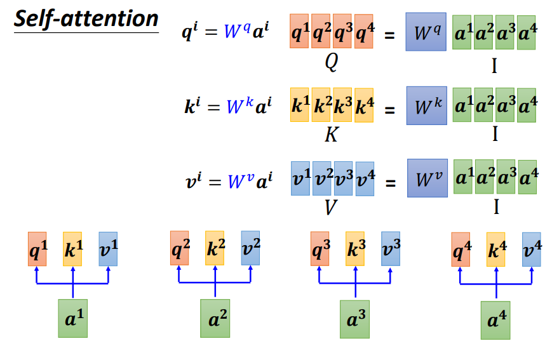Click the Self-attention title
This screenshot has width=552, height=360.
[x=86, y=19]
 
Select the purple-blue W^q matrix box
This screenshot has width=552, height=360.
[x=426, y=32]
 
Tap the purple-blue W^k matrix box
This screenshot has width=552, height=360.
[x=427, y=105]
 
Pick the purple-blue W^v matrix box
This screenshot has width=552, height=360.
[x=427, y=178]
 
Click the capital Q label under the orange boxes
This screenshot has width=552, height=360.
[x=332, y=62]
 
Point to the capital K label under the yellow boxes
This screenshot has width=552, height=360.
[x=332, y=135]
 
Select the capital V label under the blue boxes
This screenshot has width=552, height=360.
[x=330, y=207]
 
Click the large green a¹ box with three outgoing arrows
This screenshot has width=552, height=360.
[x=73, y=319]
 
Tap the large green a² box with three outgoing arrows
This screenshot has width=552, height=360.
[x=215, y=319]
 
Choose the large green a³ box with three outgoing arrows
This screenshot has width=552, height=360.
[x=355, y=319]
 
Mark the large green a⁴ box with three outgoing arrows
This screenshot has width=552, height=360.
[x=495, y=320]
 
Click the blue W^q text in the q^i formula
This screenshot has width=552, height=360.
[x=238, y=31]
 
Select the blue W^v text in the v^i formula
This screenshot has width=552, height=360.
[x=241, y=181]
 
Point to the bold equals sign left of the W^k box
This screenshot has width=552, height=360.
[x=389, y=110]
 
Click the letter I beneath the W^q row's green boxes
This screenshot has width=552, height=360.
[x=494, y=66]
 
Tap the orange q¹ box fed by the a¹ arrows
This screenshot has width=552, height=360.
[x=37, y=249]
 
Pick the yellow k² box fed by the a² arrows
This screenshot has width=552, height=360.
[x=215, y=248]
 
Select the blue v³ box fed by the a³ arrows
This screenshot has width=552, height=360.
[x=391, y=248]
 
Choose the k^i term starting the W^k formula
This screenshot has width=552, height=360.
[x=192, y=105]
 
